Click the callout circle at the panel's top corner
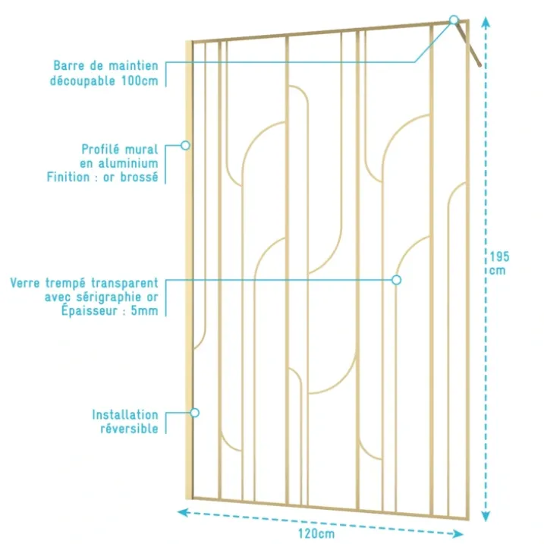[x=454, y=20]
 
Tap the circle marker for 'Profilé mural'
[x=186, y=146]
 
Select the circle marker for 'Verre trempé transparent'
[x=397, y=280]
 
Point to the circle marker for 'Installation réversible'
[x=195, y=413]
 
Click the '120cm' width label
[x=316, y=533]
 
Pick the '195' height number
[x=499, y=256]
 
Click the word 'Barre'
[x=69, y=65]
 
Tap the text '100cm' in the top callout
[x=140, y=81]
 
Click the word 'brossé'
[x=139, y=177]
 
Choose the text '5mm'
[x=144, y=310]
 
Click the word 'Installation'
[x=125, y=414]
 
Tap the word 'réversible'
[x=130, y=429]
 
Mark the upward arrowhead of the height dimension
[x=486, y=22]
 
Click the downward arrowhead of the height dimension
[x=486, y=516]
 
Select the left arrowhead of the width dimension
[x=183, y=512]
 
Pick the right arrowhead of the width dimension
[x=458, y=533]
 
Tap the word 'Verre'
[x=25, y=283]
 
